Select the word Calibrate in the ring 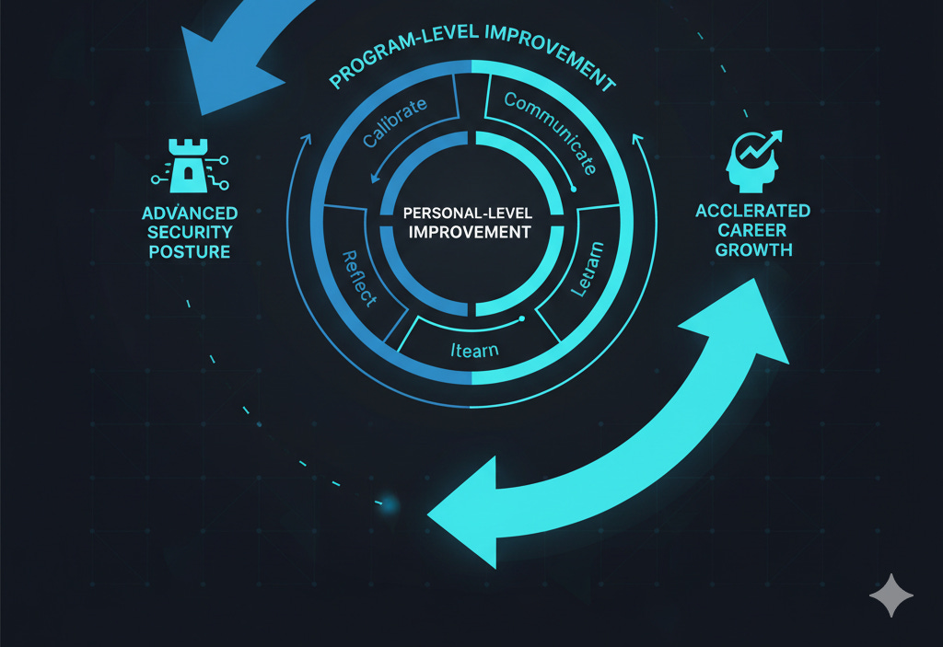point(395,123)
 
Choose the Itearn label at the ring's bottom point(474,350)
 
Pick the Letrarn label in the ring point(587,269)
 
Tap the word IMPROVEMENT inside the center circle point(470,231)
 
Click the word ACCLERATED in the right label point(752,211)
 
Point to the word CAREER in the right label point(752,230)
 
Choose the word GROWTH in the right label point(752,249)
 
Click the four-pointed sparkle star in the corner point(891,596)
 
